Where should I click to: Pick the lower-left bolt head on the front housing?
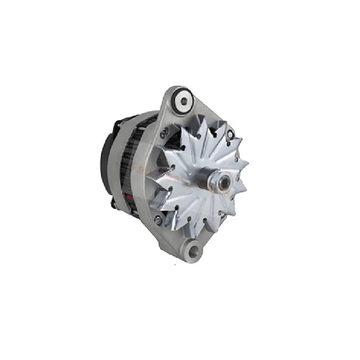click(157, 220)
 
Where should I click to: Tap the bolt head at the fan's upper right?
click(230, 134)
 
